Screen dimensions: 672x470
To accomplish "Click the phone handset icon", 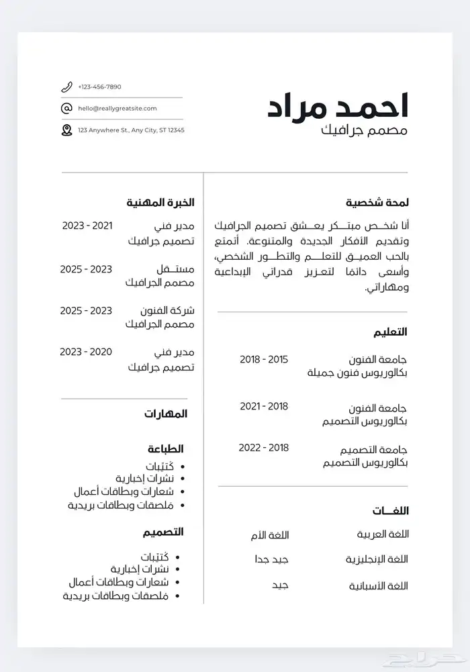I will (66, 87).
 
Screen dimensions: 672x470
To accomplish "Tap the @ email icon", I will (66, 108).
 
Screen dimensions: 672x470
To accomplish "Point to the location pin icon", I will (66, 130).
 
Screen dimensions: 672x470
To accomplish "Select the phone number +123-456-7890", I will (99, 87).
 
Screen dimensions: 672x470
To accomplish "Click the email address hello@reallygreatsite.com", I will (117, 108).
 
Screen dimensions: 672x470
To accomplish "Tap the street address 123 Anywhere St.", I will (131, 130).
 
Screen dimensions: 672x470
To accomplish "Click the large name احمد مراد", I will (338, 106).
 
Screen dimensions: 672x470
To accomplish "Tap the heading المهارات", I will (165, 414).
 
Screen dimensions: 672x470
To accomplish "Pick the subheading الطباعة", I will (166, 448).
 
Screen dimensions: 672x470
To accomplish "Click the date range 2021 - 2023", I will (87, 226).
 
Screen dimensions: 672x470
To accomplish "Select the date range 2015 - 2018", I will (264, 359).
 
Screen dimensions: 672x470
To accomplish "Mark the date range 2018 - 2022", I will (264, 448).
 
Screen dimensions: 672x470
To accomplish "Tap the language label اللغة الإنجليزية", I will (377, 559).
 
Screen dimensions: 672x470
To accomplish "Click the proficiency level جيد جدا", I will (271, 559).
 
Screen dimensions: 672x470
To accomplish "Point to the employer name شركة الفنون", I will (167, 311).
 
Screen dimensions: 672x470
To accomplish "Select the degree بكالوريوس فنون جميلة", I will (357, 373).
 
